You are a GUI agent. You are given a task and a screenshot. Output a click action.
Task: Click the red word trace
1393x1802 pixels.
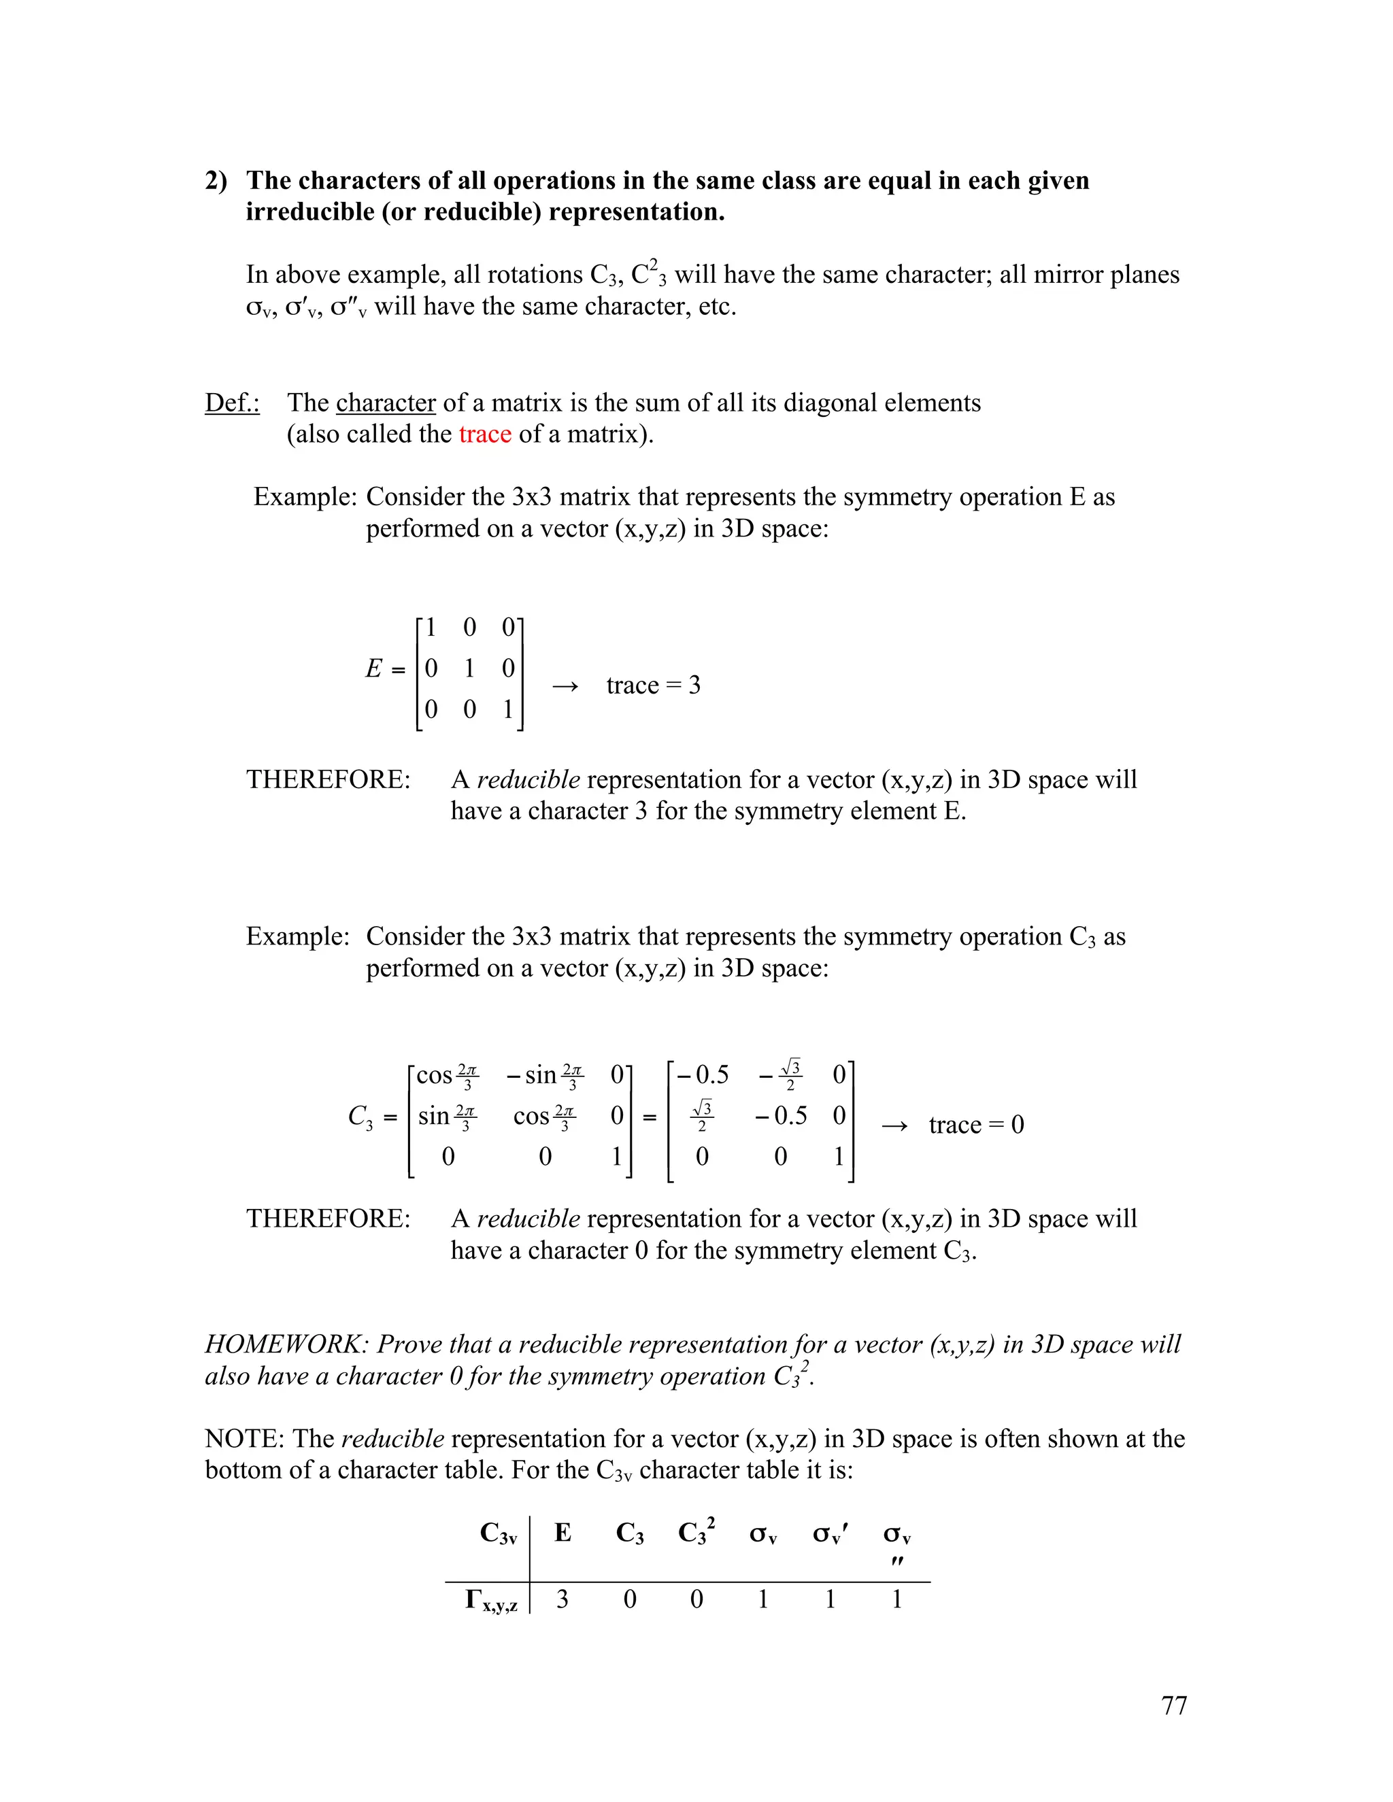pyautogui.click(x=484, y=434)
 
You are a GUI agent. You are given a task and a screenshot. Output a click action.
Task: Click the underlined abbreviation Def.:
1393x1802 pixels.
pyautogui.click(x=232, y=403)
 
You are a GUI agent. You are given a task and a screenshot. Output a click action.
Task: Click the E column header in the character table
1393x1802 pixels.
pyautogui.click(x=563, y=1532)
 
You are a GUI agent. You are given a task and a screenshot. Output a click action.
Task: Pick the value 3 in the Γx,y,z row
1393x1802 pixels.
pyautogui.click(x=562, y=1599)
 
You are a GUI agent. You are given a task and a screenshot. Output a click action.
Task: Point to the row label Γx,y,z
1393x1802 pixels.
pyautogui.click(x=491, y=1601)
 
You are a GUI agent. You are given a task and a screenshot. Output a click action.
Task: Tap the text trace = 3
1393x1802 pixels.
pyautogui.click(x=653, y=685)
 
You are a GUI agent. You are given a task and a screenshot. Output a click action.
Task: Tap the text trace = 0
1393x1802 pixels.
pyautogui.click(x=975, y=1125)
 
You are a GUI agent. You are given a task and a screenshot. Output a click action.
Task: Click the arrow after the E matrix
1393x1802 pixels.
pyautogui.click(x=565, y=685)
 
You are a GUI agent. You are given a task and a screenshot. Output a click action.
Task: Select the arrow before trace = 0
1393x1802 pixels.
pyautogui.click(x=894, y=1125)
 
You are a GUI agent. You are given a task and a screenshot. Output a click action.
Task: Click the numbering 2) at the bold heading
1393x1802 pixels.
pyautogui.click(x=216, y=181)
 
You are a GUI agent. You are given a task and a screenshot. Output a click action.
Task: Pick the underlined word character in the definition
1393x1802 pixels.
pyautogui.click(x=386, y=403)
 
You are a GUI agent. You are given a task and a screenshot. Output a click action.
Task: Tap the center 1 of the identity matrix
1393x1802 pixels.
pyautogui.click(x=469, y=668)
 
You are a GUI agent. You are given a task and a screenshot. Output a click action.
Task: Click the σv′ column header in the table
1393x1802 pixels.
pyautogui.click(x=829, y=1533)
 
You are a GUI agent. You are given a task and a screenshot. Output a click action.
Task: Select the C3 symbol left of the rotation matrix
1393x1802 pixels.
pyautogui.click(x=360, y=1117)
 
